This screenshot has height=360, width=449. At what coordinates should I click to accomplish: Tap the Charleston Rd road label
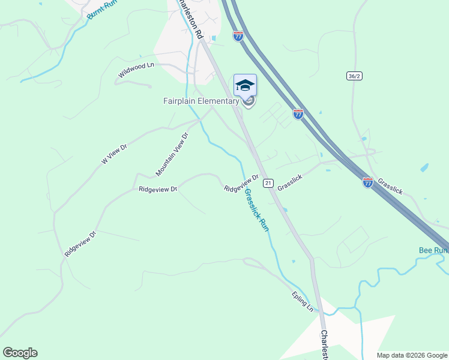190,20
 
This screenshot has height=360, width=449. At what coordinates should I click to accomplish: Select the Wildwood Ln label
137,70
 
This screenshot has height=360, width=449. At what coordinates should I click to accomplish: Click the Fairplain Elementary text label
201,101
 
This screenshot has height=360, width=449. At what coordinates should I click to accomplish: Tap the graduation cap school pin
245,85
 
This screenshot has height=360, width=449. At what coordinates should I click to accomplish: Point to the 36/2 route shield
354,76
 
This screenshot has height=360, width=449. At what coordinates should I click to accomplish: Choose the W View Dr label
115,154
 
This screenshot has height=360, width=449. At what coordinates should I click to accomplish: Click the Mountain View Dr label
172,154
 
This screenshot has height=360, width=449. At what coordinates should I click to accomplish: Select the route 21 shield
268,183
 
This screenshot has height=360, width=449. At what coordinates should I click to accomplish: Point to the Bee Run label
433,250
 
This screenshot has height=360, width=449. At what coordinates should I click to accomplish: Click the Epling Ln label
303,301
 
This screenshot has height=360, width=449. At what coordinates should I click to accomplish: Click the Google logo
20,353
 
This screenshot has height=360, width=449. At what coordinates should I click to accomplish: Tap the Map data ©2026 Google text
412,355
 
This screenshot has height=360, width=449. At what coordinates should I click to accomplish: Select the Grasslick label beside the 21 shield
292,182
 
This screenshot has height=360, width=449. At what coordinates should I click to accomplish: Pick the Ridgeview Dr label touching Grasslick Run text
241,184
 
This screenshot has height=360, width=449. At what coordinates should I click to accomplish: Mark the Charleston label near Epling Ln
324,345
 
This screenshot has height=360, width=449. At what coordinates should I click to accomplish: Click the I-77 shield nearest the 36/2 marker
298,114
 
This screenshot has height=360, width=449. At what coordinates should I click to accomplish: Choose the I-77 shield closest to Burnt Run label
238,36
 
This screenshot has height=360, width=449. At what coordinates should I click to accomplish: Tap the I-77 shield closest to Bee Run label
367,182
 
